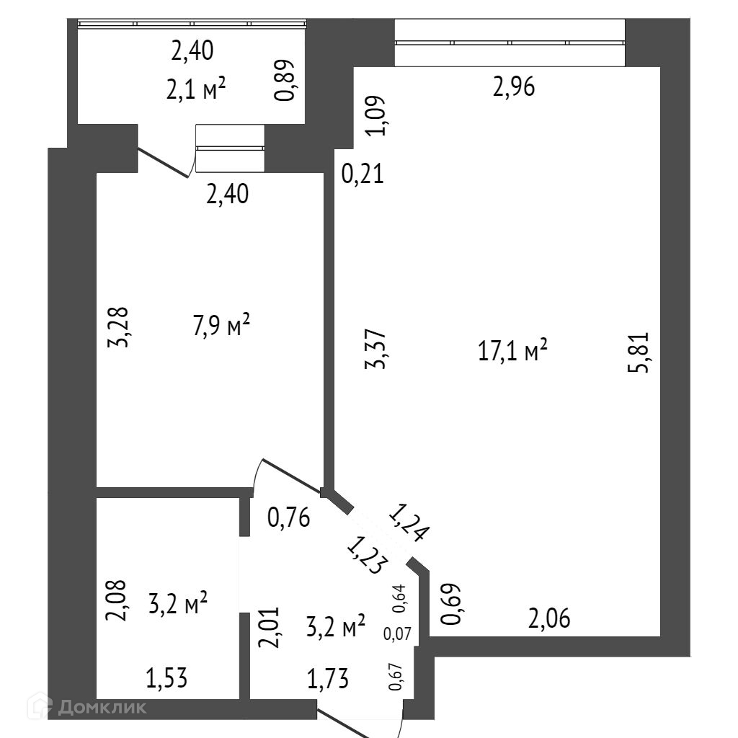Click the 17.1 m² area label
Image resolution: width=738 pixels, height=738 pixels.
click(512, 352)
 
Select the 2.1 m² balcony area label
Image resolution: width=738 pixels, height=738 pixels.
click(197, 92)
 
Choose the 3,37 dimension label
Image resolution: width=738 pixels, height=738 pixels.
click(376, 349)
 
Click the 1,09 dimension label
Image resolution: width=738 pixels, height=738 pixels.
click(378, 115)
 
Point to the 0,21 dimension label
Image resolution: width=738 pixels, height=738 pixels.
click(363, 174)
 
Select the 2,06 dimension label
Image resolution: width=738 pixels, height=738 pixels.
click(550, 618)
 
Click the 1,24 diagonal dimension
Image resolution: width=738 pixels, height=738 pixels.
click(409, 523)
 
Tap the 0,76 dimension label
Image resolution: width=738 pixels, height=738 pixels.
click(288, 517)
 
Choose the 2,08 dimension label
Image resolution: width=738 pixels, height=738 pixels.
click(118, 601)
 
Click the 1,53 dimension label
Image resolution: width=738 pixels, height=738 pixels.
click(167, 678)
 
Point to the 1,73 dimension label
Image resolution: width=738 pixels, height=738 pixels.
click(329, 678)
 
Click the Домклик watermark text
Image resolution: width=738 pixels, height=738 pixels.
click(100, 707)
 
